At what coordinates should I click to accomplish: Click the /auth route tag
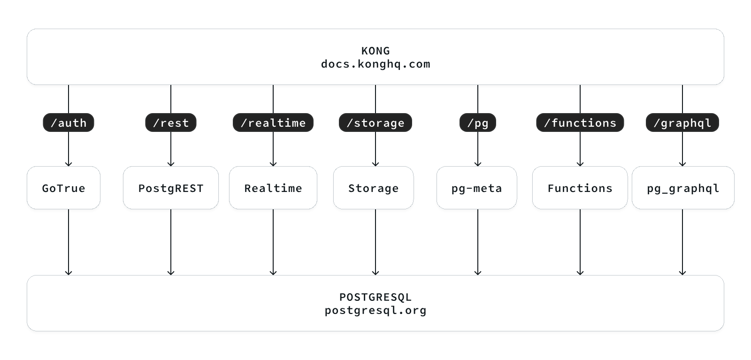(x=69, y=123)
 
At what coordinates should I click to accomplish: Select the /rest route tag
(x=171, y=123)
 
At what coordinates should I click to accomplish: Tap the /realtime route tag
(x=273, y=123)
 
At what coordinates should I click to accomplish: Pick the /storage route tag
(x=375, y=123)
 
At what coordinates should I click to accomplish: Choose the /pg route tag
(x=478, y=123)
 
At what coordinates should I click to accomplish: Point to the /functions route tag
(x=580, y=123)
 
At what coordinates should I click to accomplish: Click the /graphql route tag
(x=682, y=123)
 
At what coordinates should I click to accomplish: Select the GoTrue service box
(x=63, y=188)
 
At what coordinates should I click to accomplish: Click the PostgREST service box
(x=171, y=188)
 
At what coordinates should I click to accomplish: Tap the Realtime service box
(x=273, y=188)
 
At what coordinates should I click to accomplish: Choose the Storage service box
(x=374, y=188)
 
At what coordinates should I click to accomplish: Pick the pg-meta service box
(x=477, y=188)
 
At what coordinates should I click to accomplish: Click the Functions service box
(x=580, y=188)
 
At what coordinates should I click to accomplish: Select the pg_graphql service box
(x=683, y=188)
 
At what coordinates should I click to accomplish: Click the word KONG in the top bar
(x=375, y=51)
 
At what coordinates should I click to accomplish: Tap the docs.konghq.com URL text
(x=375, y=64)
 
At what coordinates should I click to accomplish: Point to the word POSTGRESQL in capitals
(x=375, y=297)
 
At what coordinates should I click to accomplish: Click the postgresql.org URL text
(x=375, y=310)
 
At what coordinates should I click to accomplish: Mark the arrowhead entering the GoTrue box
(x=69, y=164)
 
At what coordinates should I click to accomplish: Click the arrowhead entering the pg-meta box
(x=478, y=164)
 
